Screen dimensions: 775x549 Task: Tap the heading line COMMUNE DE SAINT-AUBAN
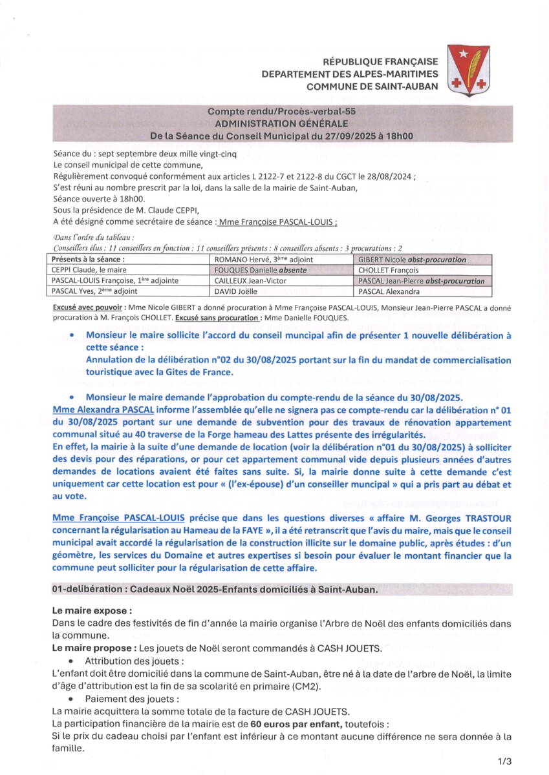coord(372,87)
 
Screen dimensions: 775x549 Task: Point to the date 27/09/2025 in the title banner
coord(345,136)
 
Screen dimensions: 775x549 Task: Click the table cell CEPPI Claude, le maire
coord(91,270)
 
